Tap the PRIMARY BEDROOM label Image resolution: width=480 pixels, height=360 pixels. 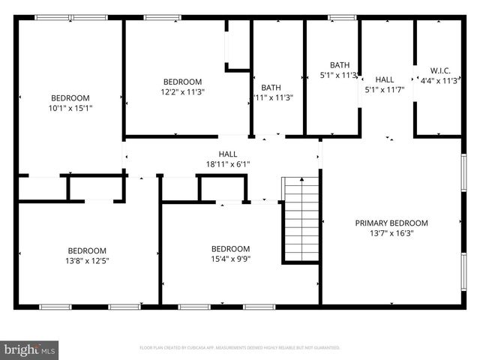(x=391, y=223)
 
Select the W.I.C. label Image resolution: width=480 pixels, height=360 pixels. (x=439, y=70)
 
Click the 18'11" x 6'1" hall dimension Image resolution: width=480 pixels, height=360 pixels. (x=227, y=163)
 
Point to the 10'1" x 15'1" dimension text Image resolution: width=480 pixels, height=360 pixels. (x=70, y=108)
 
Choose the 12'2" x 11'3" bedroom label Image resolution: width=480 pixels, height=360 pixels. (x=183, y=91)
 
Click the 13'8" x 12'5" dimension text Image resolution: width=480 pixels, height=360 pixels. (x=87, y=261)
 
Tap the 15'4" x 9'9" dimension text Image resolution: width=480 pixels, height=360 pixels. (x=229, y=259)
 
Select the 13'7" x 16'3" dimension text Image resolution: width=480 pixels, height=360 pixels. (x=391, y=233)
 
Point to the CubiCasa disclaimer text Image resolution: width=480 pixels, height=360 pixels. (x=240, y=348)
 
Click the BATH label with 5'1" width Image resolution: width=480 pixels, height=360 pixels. (x=340, y=64)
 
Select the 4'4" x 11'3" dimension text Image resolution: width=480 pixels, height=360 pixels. (x=439, y=81)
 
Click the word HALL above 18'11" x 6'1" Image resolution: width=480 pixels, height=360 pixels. (x=227, y=154)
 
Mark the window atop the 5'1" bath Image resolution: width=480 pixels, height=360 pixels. (x=342, y=17)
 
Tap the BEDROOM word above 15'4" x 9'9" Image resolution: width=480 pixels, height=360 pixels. (x=229, y=249)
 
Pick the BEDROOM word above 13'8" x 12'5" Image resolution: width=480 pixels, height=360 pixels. (x=87, y=250)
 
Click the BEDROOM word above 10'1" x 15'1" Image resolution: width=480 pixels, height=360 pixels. (x=70, y=97)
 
